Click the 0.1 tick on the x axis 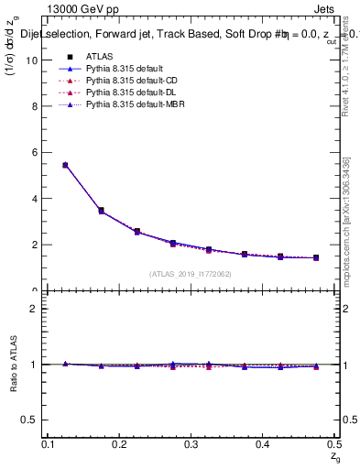click(x=48, y=444)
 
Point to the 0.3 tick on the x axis click(x=191, y=444)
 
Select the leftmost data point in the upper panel click(x=65, y=165)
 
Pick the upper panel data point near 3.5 click(x=101, y=211)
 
